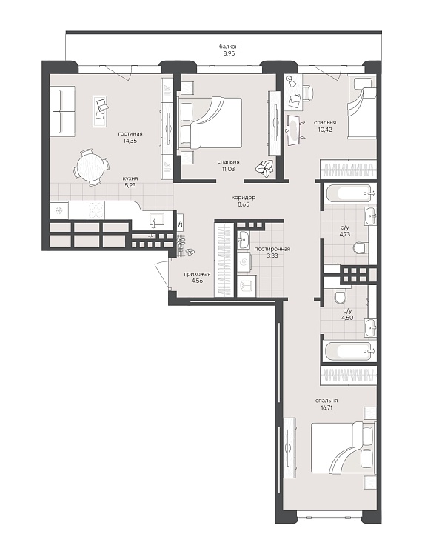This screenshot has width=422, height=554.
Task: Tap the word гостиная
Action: click(130, 133)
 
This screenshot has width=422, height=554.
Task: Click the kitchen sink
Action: click(156, 219)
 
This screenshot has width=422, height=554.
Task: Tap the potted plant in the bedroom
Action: click(264, 167)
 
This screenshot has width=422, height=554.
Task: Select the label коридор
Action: click(244, 198)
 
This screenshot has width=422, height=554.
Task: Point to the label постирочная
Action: click(272, 249)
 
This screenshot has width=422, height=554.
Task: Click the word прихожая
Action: click(197, 274)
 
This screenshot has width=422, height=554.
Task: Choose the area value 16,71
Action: click(325, 407)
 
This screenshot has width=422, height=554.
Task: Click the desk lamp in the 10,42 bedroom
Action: click(292, 81)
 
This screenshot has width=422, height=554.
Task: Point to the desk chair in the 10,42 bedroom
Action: click(307, 93)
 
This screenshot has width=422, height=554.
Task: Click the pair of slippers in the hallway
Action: click(190, 251)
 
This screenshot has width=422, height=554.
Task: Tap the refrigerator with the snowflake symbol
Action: click(58, 210)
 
